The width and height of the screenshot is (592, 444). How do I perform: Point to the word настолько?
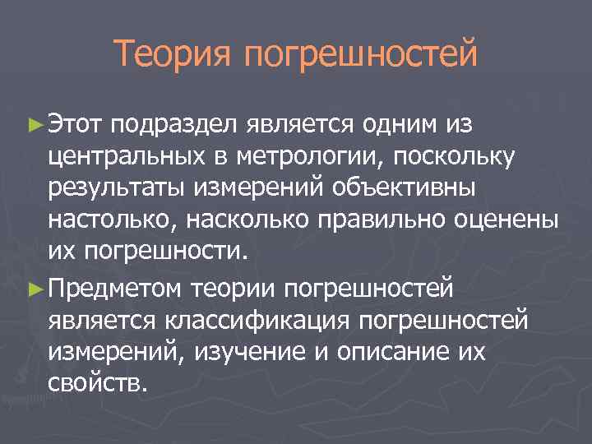[x=111, y=220]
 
